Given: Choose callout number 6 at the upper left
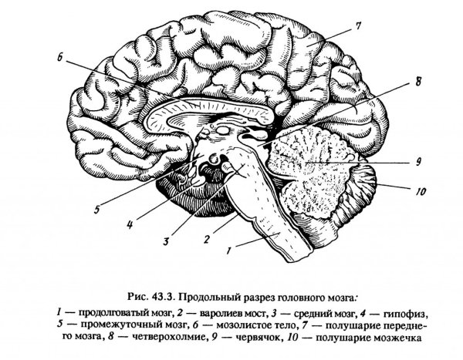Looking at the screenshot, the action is (x=60, y=56).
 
